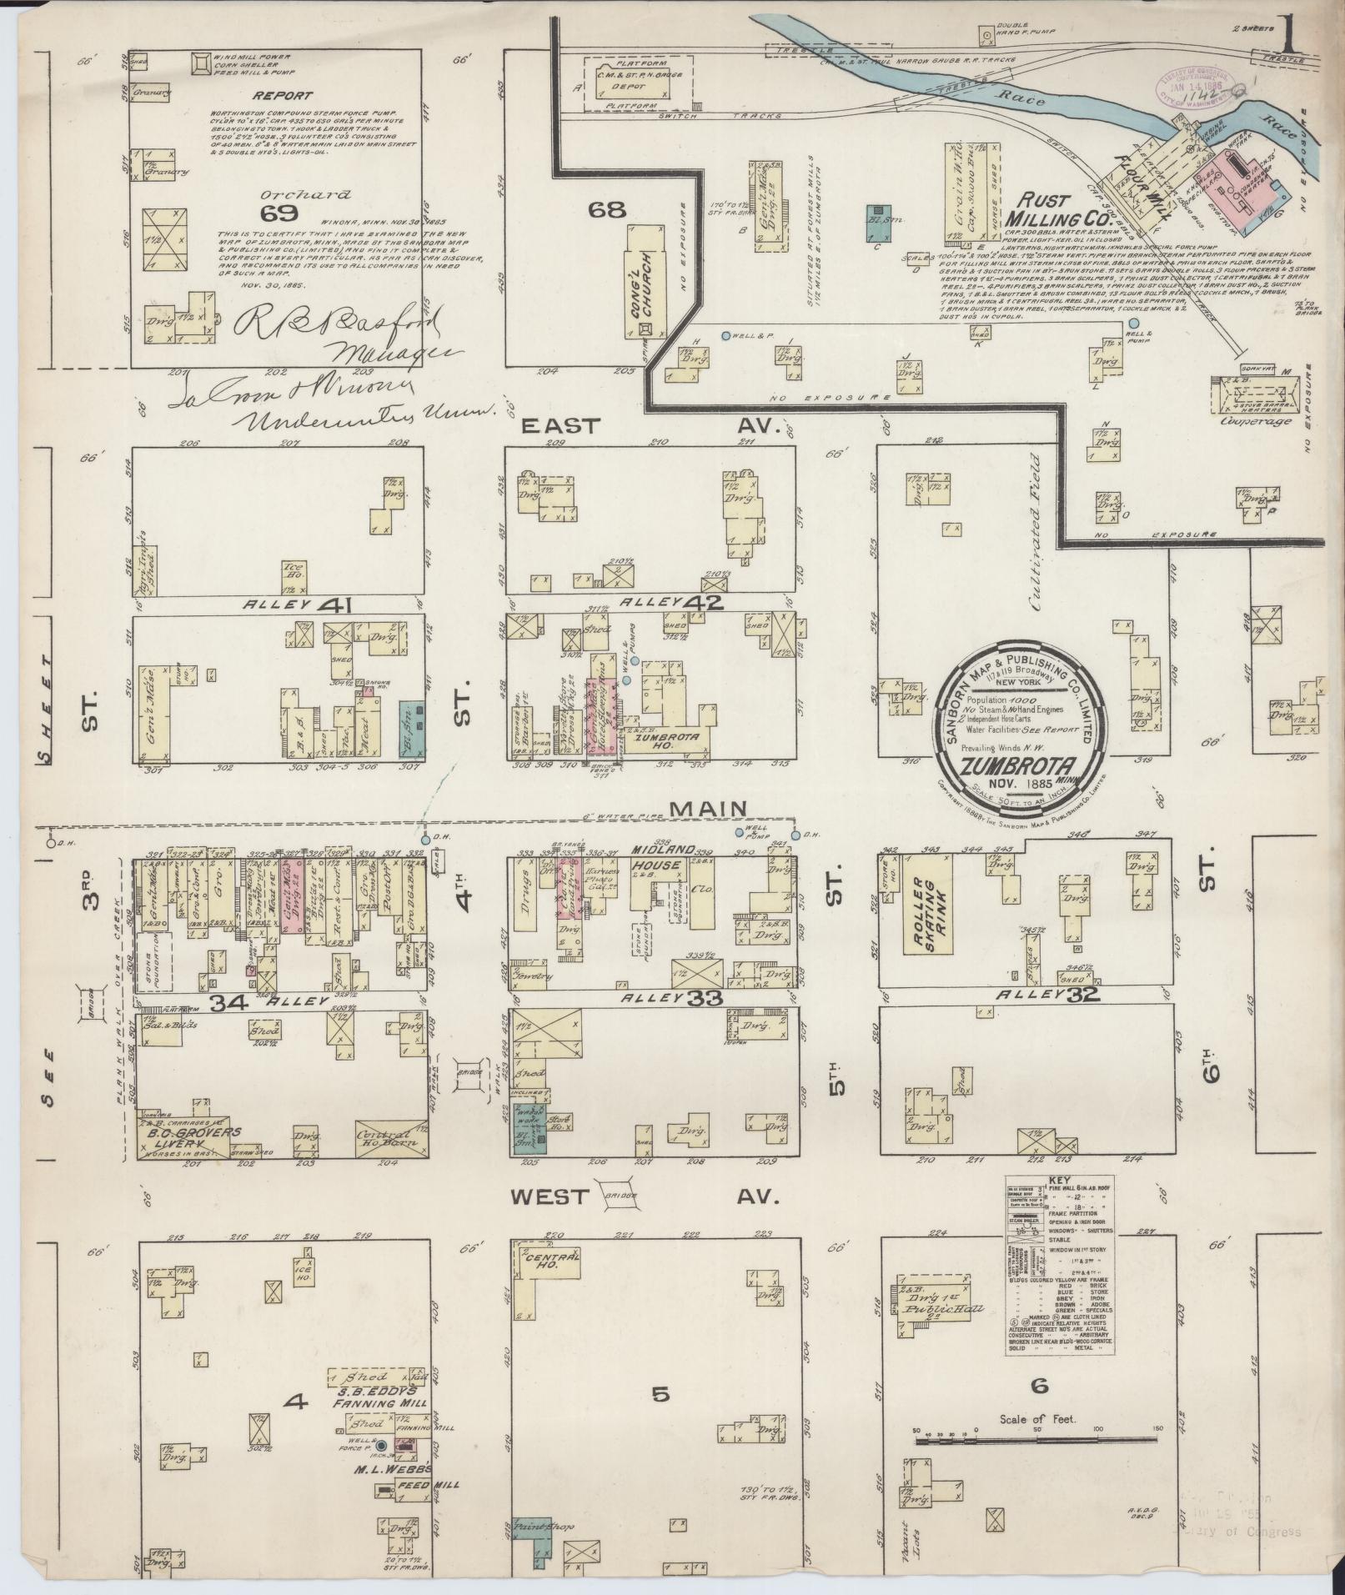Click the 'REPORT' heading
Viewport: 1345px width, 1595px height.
tap(284, 96)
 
